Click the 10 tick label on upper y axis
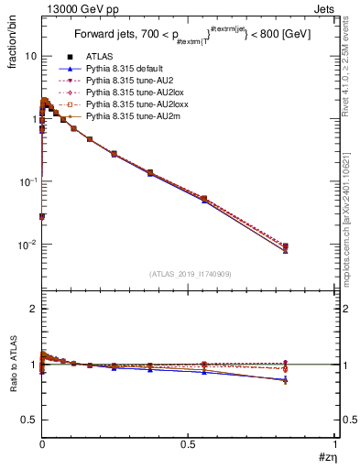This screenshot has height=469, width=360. [31, 56]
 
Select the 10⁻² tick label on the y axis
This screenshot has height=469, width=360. [27, 245]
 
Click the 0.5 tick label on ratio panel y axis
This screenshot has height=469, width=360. [29, 420]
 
